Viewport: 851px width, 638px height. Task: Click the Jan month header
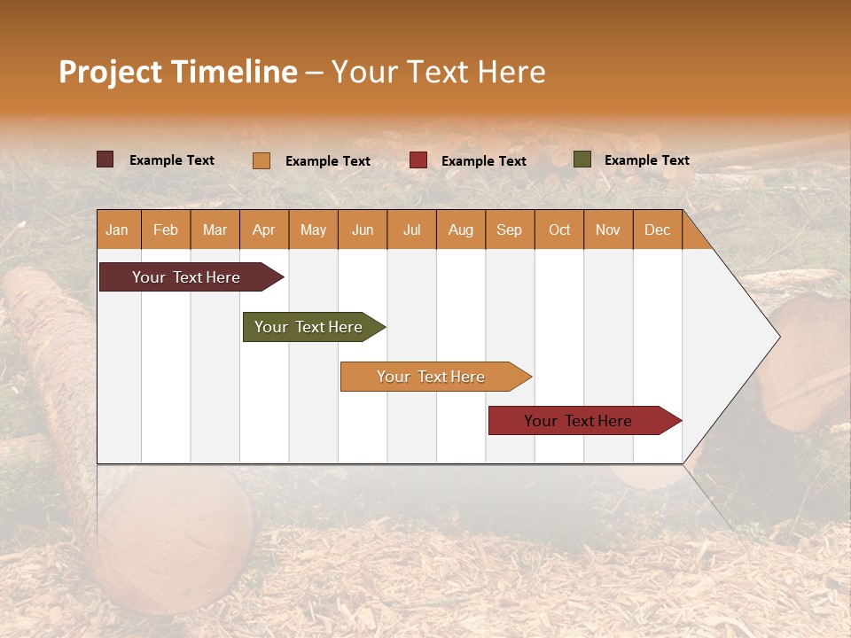(117, 230)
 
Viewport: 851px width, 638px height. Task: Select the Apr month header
(264, 230)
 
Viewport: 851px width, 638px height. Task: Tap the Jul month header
(412, 230)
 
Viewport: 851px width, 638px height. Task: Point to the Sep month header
(510, 230)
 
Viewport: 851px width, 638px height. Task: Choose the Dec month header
(658, 230)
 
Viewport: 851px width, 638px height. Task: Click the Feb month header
(166, 230)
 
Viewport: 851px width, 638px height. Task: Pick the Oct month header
(559, 230)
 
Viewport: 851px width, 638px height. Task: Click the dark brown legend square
(105, 159)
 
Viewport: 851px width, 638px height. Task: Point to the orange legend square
(262, 160)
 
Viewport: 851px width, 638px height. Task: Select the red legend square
(418, 160)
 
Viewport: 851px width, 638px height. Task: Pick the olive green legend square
(582, 159)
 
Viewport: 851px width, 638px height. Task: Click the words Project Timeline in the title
(177, 72)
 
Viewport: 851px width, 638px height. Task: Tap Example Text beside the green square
(646, 160)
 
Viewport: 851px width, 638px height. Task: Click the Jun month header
(363, 230)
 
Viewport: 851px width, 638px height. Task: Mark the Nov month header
(608, 230)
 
